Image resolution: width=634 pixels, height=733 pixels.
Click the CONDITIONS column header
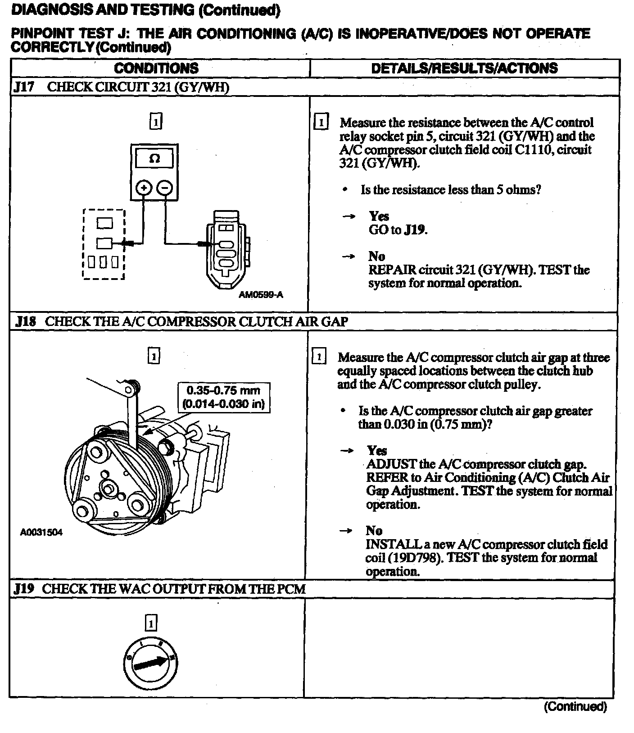click(x=156, y=68)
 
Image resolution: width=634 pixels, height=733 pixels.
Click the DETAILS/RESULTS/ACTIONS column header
click(x=464, y=68)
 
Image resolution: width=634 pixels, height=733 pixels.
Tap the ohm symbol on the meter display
click(x=154, y=159)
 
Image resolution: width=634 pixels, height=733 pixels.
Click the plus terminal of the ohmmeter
click(x=143, y=188)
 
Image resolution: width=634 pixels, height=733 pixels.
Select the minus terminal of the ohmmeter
click(x=166, y=188)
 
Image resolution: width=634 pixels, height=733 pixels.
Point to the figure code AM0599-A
click(x=261, y=295)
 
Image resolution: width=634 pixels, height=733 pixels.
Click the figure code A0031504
click(x=41, y=532)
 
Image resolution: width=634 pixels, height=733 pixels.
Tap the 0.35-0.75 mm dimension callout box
click(x=224, y=397)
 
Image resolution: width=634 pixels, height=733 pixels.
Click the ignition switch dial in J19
click(x=151, y=662)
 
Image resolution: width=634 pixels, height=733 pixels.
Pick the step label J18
click(x=25, y=322)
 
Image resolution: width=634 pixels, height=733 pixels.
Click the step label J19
click(x=24, y=589)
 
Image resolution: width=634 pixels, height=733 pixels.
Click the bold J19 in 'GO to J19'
click(x=414, y=230)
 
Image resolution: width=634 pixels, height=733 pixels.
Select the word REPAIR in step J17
click(x=392, y=270)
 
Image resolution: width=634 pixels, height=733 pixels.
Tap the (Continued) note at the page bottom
click(x=575, y=706)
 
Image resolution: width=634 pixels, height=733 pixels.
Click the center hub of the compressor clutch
click(x=108, y=488)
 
